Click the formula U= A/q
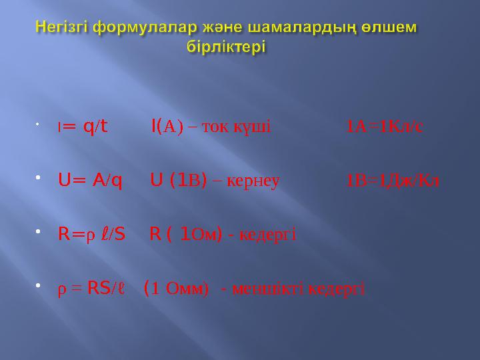click(90, 180)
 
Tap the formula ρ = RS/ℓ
click(91, 289)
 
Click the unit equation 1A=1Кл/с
click(384, 126)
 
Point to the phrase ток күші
click(241, 126)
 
